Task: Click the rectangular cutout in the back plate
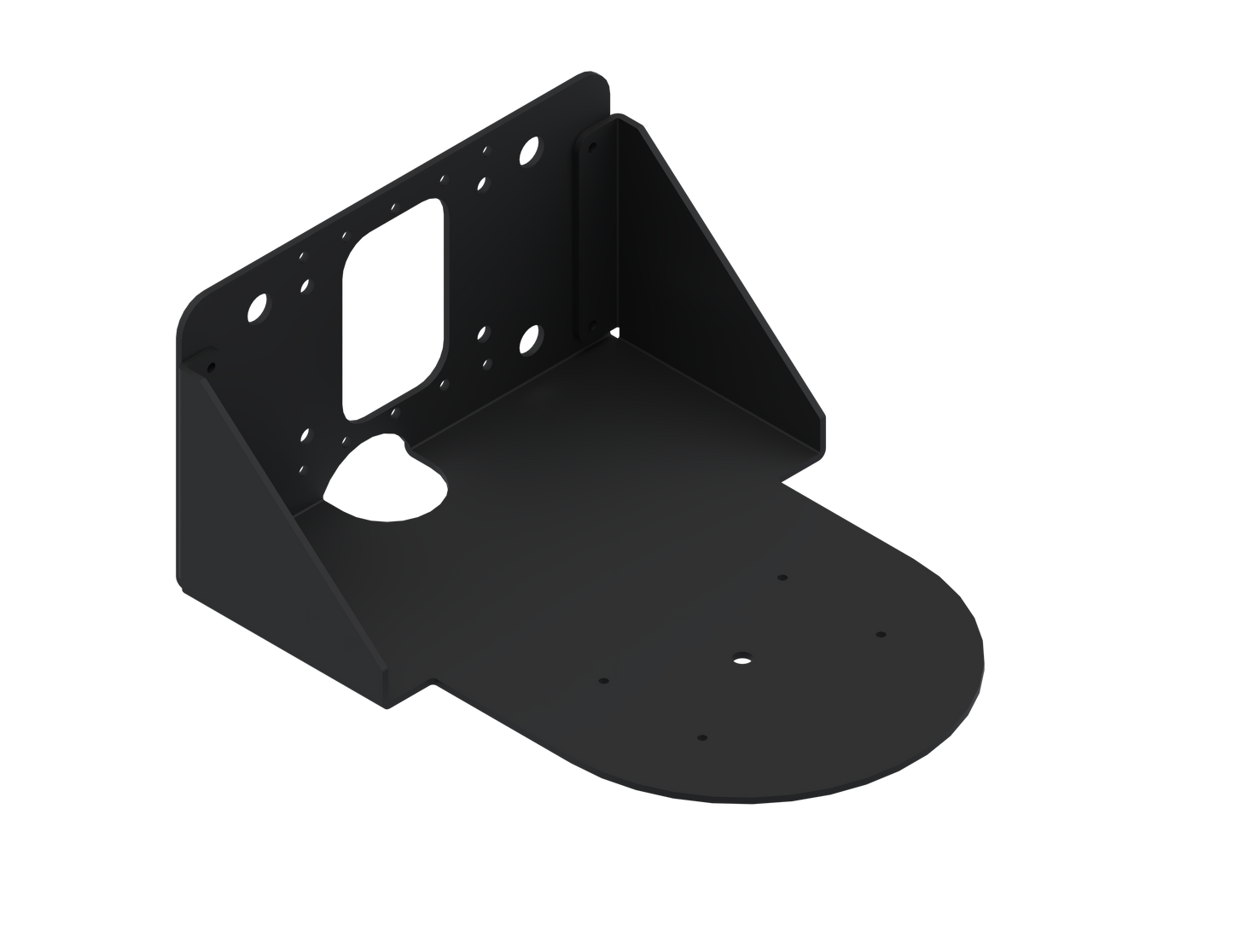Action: [x=395, y=307]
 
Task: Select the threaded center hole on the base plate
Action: [x=739, y=658]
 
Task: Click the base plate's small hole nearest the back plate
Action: [x=782, y=578]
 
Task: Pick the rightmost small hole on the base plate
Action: [x=881, y=635]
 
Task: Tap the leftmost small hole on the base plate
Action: [x=603, y=682]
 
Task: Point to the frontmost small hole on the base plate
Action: [x=701, y=736]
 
